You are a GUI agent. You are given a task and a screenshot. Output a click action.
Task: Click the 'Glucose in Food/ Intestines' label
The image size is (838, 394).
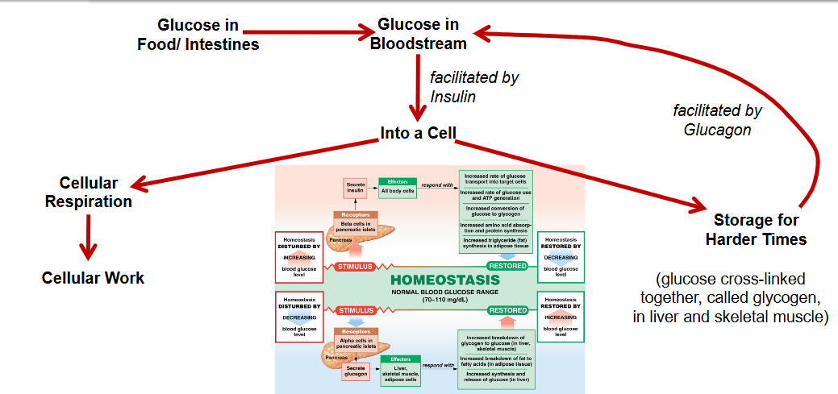198,35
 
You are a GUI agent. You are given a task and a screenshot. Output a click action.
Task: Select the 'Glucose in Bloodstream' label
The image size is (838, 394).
418,34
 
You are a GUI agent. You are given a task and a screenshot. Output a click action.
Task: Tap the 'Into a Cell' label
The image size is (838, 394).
419,133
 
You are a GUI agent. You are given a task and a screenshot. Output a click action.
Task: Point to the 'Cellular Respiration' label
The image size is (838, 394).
89,193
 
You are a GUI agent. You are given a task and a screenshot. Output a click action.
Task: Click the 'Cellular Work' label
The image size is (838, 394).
93,278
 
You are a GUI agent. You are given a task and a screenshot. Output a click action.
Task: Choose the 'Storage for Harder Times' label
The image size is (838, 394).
756,230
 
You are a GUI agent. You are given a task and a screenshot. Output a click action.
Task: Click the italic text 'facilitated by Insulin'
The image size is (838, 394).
473,87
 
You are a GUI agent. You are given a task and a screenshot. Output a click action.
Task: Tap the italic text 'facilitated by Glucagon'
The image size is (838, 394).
717,119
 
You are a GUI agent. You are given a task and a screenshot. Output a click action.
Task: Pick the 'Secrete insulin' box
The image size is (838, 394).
356,187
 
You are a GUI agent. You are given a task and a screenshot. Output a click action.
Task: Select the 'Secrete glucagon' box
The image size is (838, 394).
356,371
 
